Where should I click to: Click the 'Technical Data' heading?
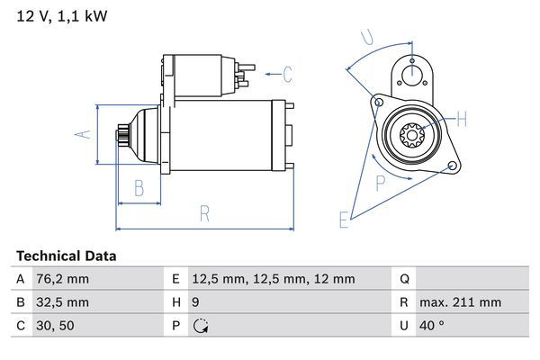pos(66,256)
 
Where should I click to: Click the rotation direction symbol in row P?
pos(201,326)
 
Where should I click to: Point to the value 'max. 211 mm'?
pos(463,302)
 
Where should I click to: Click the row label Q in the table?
pos(404,279)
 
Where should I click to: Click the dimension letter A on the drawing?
pos(82,133)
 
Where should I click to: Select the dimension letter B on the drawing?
pos(139,188)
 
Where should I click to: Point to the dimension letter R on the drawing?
pos(204,213)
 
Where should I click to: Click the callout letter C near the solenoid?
pos(287,74)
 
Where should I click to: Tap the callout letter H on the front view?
pos(462,118)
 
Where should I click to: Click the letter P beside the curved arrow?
pos(380,184)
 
